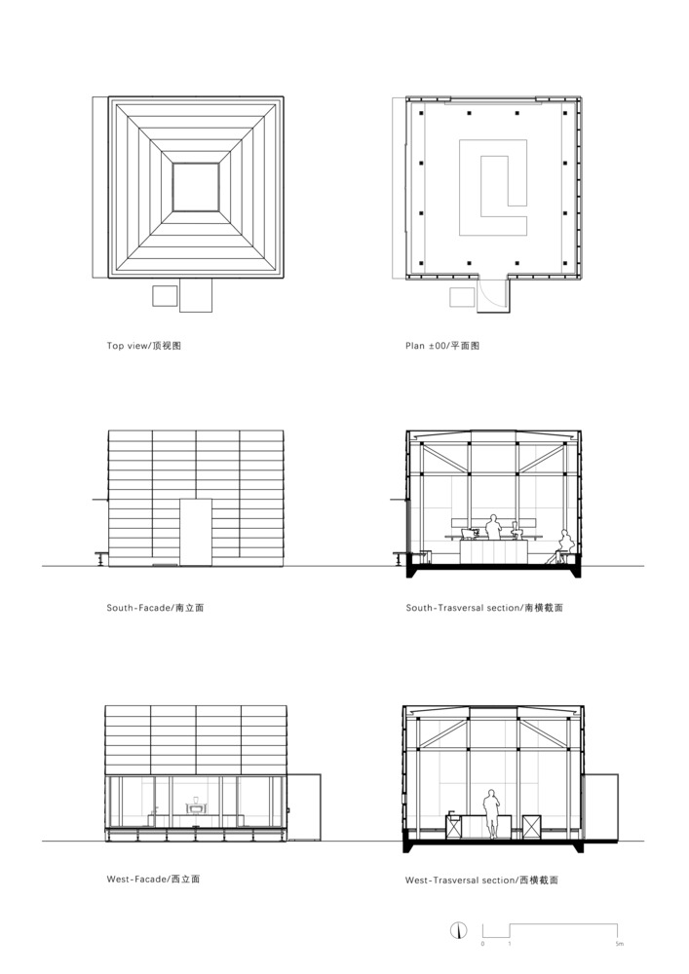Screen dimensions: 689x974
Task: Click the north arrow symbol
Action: click(458, 930)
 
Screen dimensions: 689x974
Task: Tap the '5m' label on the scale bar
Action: click(619, 944)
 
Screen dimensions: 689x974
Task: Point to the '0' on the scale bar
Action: click(482, 944)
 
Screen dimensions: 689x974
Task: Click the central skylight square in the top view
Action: click(196, 187)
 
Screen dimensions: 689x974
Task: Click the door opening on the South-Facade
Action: click(196, 532)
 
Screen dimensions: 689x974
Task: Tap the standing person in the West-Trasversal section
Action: click(491, 813)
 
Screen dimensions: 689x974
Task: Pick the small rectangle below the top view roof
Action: click(165, 296)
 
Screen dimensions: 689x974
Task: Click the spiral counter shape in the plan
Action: click(493, 187)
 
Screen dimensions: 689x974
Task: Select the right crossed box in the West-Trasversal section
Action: click(532, 827)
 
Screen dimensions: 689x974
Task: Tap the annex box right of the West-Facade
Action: click(304, 807)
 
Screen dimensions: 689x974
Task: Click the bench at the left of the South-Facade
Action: click(101, 557)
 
